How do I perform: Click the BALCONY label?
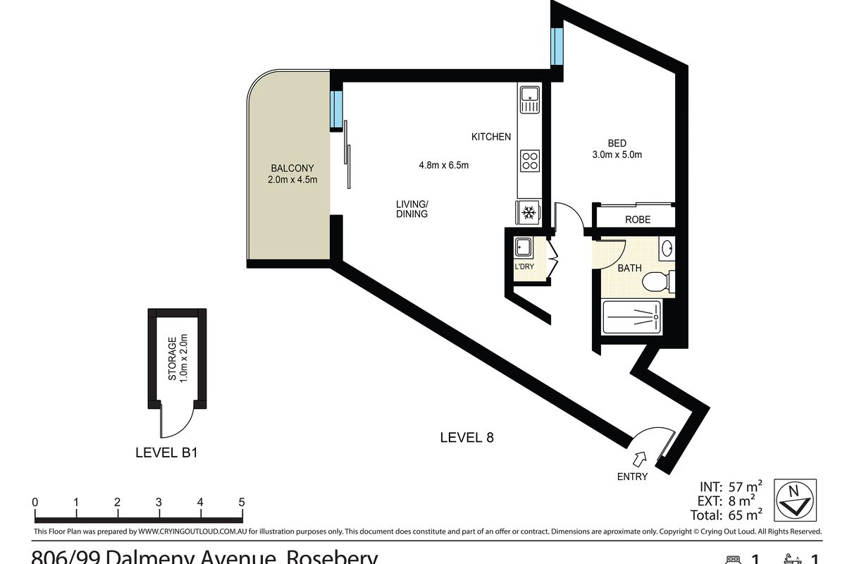point(292,168)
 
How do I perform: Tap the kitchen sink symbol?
point(529,99)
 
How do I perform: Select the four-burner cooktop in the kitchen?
point(529,161)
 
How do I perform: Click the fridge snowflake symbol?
point(529,211)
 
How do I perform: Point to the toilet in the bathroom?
point(657,281)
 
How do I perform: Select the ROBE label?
point(638,220)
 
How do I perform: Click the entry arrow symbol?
point(640,460)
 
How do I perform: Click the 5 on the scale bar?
point(241,503)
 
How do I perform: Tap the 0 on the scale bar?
point(35,503)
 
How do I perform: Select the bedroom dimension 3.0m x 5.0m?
point(617,155)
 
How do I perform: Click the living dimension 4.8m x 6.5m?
point(444,166)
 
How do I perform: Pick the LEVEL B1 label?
point(166,453)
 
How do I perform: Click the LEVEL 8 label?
point(466,438)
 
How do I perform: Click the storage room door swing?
point(176,423)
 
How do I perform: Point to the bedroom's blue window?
point(557,44)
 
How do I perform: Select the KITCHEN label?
point(491,137)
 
